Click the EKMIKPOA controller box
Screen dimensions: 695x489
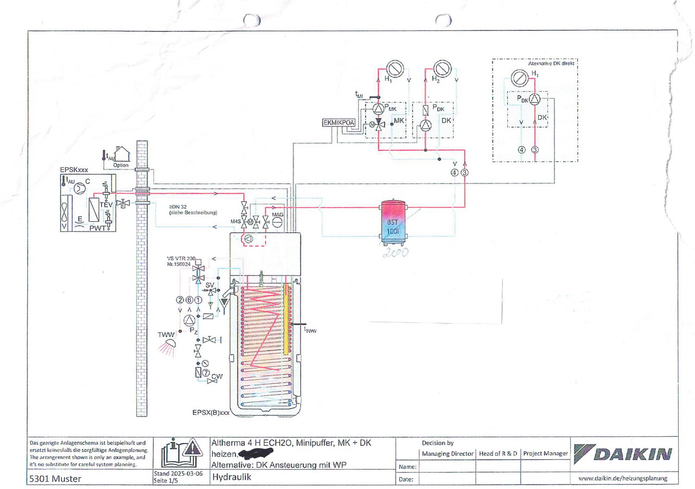(x=339, y=123)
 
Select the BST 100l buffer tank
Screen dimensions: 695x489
(x=393, y=220)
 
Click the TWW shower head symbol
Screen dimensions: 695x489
(x=170, y=343)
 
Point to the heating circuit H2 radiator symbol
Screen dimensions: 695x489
(x=444, y=68)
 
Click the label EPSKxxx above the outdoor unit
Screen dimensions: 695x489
(x=73, y=169)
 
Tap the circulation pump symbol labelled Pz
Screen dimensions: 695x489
(x=189, y=320)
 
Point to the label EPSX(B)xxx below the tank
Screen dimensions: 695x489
(x=212, y=412)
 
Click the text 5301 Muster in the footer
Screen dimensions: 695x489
(x=57, y=478)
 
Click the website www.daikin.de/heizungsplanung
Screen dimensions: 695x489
(x=622, y=478)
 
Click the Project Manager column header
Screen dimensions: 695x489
(x=545, y=453)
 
